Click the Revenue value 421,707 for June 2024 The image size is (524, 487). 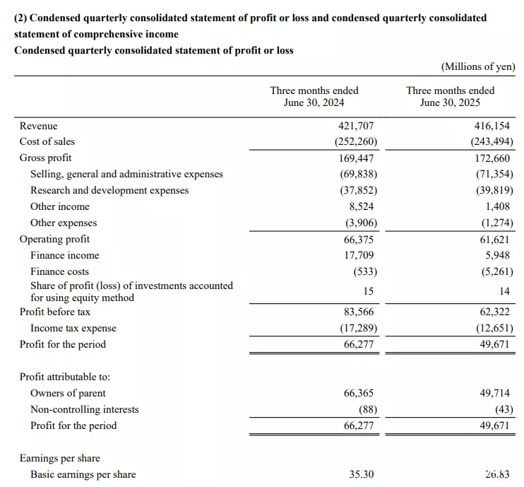(356, 126)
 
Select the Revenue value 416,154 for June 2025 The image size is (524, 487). (492, 126)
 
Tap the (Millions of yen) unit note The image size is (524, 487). (478, 66)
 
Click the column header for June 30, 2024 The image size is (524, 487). (314, 96)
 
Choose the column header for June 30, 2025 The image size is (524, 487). (450, 96)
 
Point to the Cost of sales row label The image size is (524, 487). (47, 141)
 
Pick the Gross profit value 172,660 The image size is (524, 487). (492, 158)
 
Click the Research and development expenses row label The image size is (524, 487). (109, 190)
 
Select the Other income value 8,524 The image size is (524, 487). (362, 206)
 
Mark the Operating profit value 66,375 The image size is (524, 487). (359, 240)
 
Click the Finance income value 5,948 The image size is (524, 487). (498, 255)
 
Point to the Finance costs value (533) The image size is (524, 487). (365, 271)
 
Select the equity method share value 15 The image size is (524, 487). (368, 291)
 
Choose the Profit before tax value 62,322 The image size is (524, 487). (494, 312)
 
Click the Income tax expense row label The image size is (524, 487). (73, 328)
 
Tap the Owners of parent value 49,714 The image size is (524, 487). (494, 393)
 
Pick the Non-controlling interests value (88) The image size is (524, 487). (368, 409)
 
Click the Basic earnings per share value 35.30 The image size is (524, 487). (362, 474)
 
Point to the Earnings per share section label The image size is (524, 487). (60, 458)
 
